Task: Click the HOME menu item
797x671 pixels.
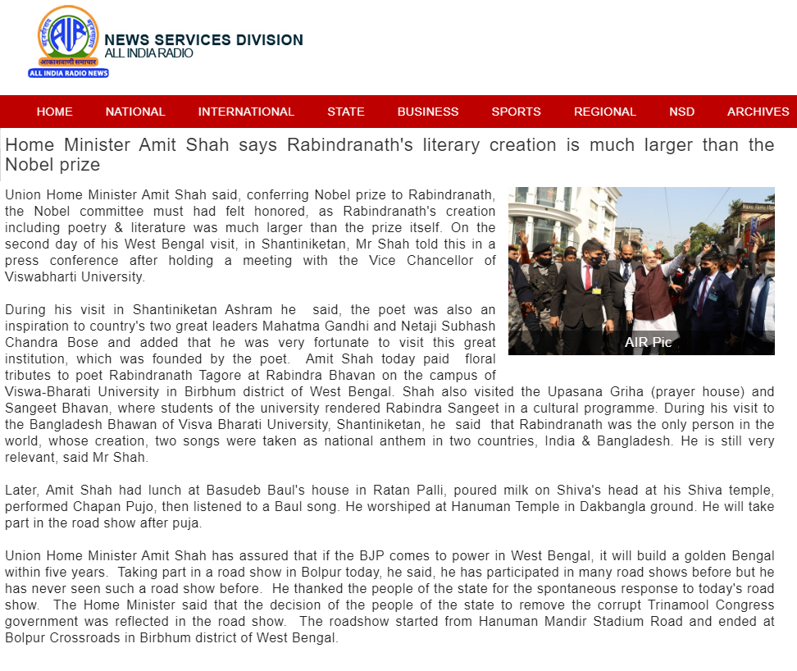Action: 54,112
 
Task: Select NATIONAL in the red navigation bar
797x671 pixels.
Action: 135,112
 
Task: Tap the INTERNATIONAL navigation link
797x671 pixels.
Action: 246,112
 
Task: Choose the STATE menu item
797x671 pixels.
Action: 345,112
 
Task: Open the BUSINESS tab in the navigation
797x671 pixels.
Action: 428,112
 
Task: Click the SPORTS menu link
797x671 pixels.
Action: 516,112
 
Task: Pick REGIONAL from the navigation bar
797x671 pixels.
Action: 604,112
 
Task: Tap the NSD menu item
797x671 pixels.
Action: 681,112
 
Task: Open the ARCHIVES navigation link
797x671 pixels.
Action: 758,112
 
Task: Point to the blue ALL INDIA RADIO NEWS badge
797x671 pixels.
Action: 68,73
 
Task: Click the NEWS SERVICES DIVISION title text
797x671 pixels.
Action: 203,40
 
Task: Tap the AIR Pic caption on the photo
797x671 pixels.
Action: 648,342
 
